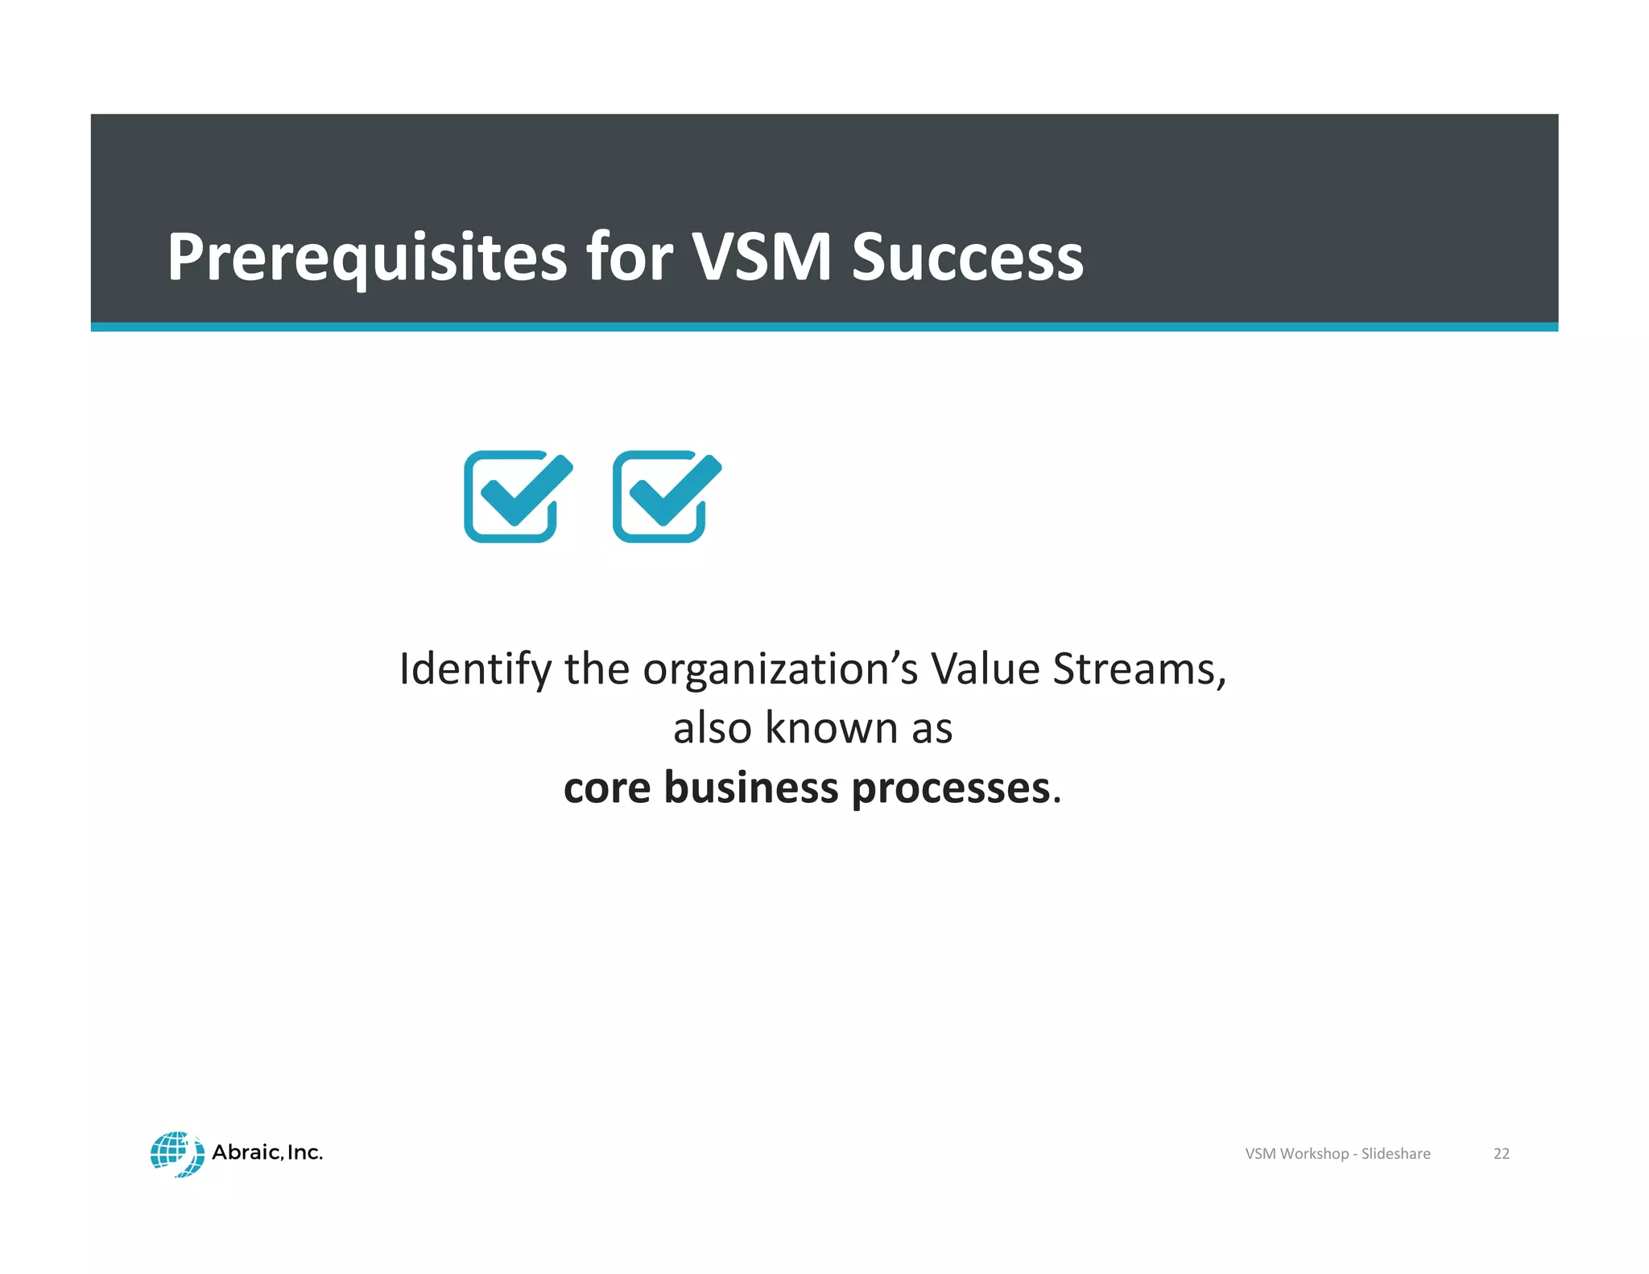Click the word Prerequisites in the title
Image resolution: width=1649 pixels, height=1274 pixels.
366,258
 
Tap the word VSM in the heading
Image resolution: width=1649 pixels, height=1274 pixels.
761,258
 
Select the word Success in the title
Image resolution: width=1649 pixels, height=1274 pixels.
967,258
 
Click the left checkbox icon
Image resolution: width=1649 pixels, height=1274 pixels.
517,496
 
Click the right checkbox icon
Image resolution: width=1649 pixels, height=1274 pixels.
666,496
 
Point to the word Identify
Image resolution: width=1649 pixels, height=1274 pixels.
475,669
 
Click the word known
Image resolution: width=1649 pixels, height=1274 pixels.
831,728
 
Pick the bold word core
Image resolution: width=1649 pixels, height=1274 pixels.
606,788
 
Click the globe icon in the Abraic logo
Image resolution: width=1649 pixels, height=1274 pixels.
176,1153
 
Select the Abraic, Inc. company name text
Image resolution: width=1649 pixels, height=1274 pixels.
267,1152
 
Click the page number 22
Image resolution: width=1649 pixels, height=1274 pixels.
1501,1153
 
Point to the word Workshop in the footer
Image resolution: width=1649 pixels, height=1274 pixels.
1313,1153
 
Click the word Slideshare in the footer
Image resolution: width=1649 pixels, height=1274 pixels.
1395,1153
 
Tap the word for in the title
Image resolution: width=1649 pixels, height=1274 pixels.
629,258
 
